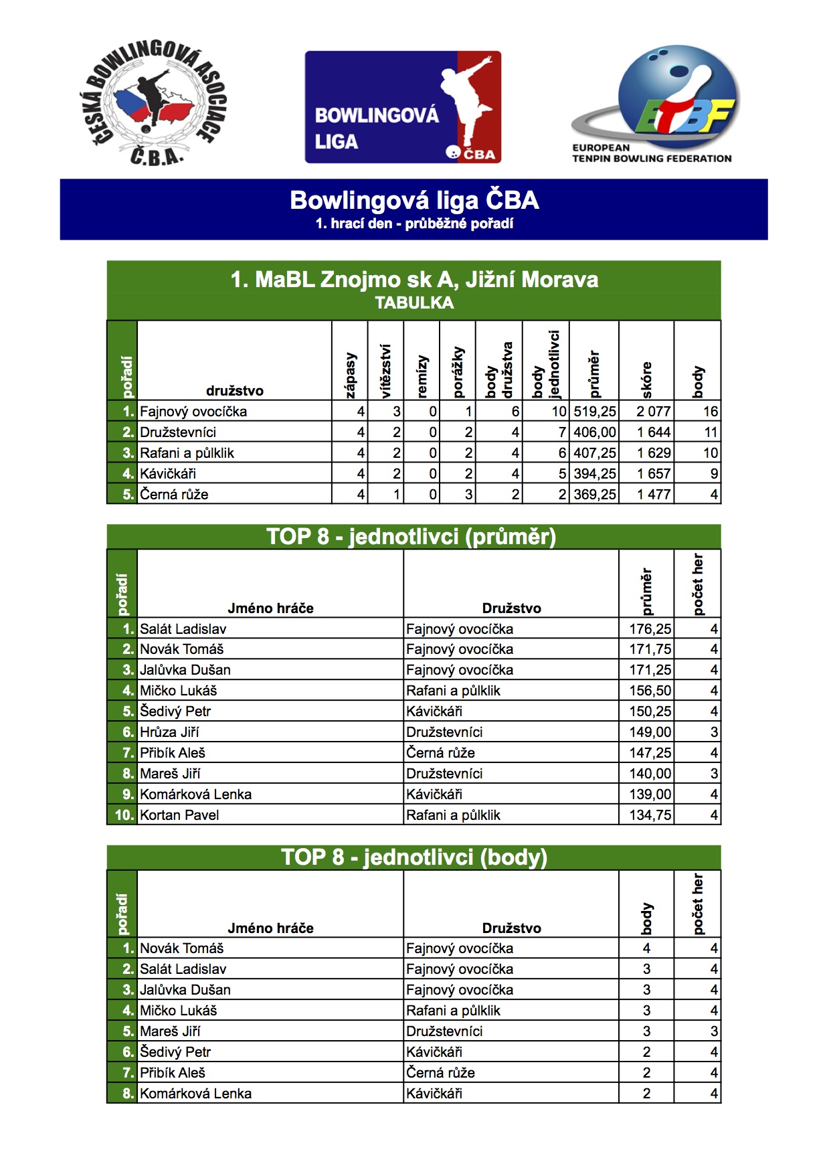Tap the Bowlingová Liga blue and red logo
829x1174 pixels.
[x=403, y=107]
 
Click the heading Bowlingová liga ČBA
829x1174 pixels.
[x=414, y=200]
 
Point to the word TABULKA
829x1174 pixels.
[x=414, y=303]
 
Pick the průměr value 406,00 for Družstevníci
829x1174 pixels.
[x=594, y=432]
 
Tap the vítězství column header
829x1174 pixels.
[x=385, y=371]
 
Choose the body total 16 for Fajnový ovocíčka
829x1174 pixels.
[x=710, y=412]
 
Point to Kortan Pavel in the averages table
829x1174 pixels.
[x=179, y=815]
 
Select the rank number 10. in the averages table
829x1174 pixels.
[x=124, y=815]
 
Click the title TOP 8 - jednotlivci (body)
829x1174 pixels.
[x=414, y=857]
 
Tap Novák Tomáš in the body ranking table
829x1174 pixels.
[x=181, y=948]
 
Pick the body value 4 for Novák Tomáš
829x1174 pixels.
[x=646, y=948]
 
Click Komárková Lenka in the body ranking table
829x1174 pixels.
[x=195, y=1094]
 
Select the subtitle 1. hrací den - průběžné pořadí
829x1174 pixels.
[x=414, y=224]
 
